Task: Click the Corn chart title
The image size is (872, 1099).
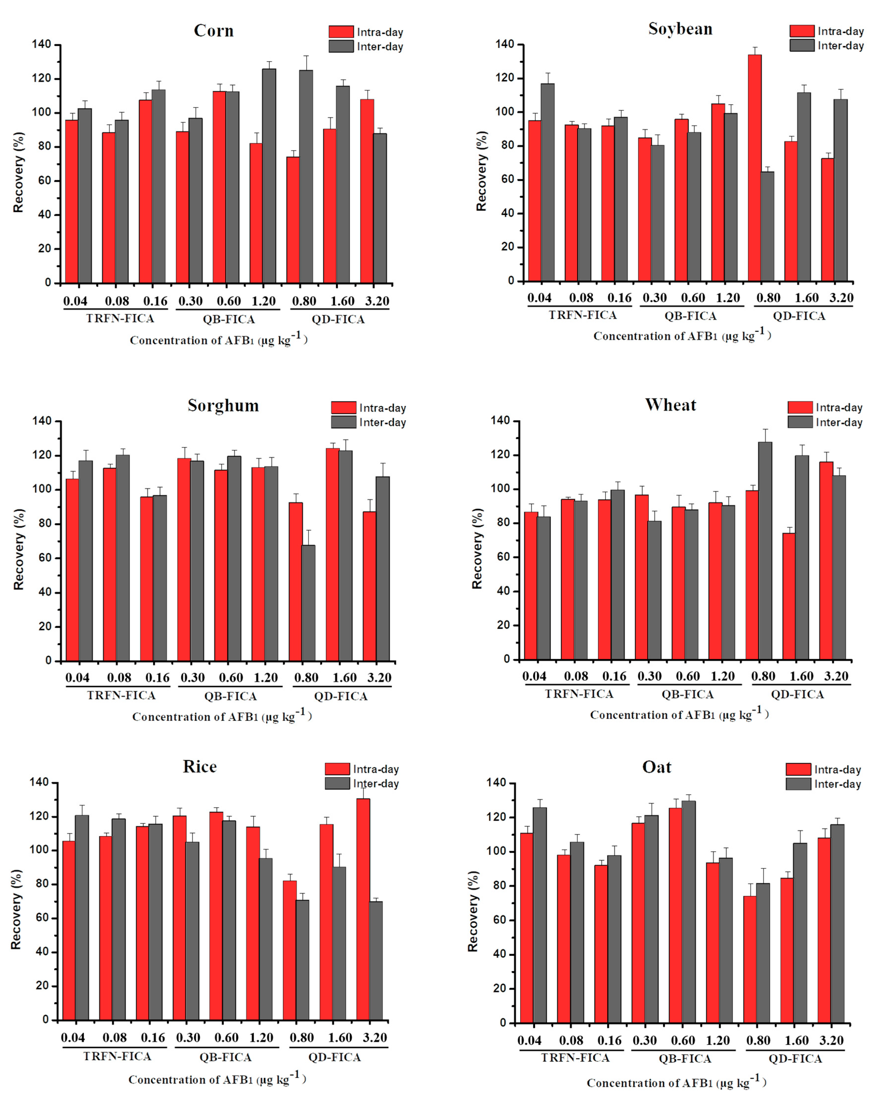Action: coord(214,31)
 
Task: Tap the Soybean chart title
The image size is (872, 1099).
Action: coord(680,29)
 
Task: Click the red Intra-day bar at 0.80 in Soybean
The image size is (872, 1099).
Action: coord(755,168)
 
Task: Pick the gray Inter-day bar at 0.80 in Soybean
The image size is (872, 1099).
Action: coord(767,227)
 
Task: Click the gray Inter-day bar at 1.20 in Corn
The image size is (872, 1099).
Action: coord(269,176)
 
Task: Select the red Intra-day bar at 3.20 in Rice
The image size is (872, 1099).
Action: coord(363,910)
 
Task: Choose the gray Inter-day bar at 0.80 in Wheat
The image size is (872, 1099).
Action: coord(765,550)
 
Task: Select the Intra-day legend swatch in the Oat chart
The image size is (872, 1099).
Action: coord(798,769)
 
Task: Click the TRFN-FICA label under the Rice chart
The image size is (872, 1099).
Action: coord(117,1056)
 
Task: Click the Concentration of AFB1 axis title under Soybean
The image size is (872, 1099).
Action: coord(681,335)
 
